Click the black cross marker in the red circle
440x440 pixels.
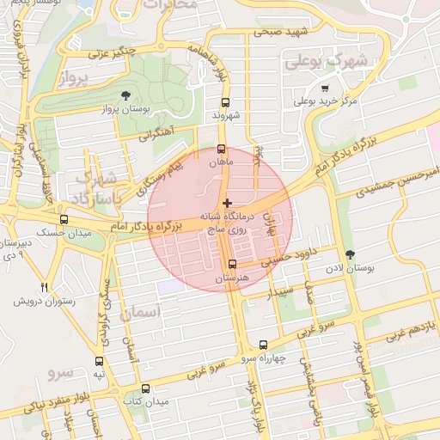tap(227, 203)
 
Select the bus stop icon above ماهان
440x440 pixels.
tap(221, 148)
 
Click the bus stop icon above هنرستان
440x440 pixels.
tap(232, 264)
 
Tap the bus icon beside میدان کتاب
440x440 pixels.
tap(145, 388)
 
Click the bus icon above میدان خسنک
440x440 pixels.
tap(64, 220)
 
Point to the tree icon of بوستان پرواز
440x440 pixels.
tap(126, 95)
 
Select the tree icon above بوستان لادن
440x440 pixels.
tap(349, 254)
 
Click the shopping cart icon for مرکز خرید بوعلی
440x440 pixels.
tap(324, 88)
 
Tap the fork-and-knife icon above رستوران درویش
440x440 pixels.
tap(45, 287)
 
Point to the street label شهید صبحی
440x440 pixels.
tap(279, 34)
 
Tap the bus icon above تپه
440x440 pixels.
tap(100, 360)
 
